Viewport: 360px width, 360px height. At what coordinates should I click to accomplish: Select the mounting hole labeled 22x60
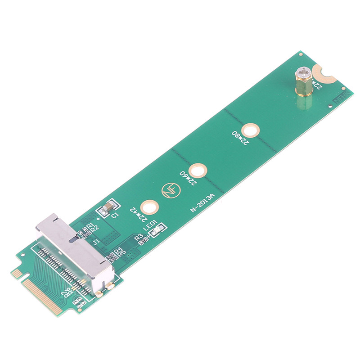click(x=198, y=171)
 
